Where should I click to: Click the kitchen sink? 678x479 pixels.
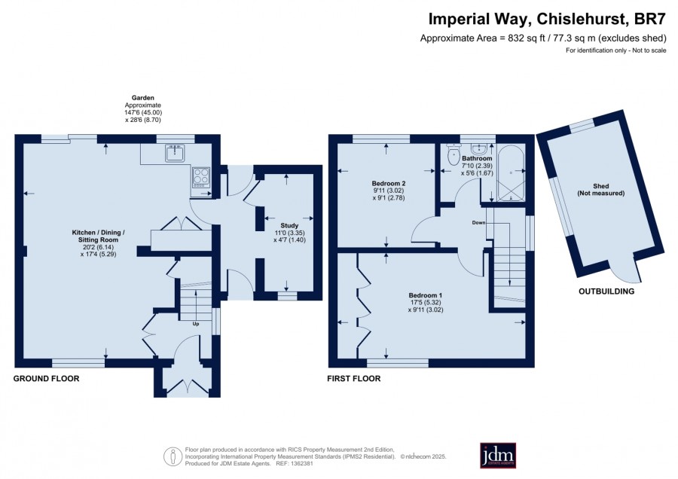175,153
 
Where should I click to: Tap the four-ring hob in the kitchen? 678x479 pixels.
201,177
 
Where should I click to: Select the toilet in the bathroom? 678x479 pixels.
454,154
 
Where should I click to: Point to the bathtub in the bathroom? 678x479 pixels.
511,173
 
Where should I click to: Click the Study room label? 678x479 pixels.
289,225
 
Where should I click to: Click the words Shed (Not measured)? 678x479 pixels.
601,189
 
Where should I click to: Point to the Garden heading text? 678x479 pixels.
142,98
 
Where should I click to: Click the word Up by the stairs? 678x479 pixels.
196,323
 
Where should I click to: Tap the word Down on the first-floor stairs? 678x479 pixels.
478,223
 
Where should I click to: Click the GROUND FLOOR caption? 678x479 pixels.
46,379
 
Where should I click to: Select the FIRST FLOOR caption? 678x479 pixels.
354,379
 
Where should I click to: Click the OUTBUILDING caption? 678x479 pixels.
606,291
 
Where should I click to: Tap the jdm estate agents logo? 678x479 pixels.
498,455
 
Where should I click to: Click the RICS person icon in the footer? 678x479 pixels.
173,456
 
